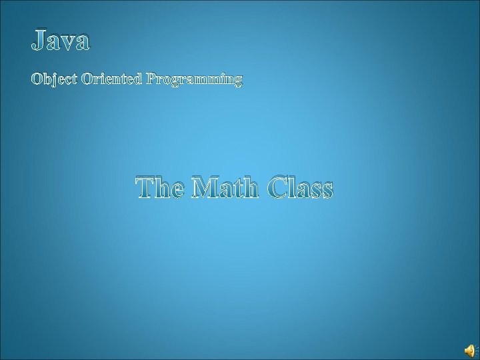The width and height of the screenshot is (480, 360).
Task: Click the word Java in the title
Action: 60,41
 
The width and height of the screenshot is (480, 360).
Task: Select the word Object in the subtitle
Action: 54,81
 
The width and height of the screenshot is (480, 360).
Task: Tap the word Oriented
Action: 111,80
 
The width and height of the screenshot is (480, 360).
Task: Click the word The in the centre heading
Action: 161,189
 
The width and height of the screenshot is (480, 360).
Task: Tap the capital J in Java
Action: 39,41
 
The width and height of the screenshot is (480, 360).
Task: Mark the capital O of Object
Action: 37,80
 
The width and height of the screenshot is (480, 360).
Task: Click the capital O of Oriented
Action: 87,80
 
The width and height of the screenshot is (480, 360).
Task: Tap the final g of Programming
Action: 238,82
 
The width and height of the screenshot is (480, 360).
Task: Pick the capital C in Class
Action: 281,189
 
